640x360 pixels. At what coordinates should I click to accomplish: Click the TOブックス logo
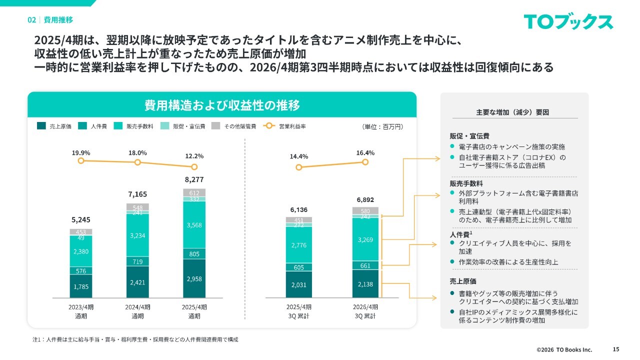click(x=568, y=22)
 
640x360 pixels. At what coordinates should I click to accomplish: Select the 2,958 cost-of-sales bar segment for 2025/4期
click(x=194, y=279)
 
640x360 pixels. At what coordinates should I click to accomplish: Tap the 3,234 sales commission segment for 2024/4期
click(x=137, y=235)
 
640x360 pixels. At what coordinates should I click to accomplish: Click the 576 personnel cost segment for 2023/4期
click(x=80, y=271)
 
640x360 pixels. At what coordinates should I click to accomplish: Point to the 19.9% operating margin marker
click(x=80, y=161)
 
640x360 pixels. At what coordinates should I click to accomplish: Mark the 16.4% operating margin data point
click(x=365, y=162)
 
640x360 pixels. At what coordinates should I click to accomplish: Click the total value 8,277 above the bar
click(x=194, y=179)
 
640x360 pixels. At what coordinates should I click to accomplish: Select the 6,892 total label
click(x=365, y=199)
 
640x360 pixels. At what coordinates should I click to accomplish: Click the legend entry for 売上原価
click(x=55, y=126)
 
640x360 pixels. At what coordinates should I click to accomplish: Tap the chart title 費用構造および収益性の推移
click(x=222, y=105)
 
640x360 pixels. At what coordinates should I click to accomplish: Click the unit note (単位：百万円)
click(x=382, y=127)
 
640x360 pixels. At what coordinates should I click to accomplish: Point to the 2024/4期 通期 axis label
click(x=137, y=311)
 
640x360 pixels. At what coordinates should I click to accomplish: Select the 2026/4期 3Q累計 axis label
click(x=365, y=311)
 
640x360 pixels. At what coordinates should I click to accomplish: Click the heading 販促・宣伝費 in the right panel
click(x=469, y=136)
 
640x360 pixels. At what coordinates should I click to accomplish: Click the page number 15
click(x=615, y=349)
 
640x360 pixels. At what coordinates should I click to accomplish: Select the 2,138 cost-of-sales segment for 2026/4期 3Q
click(x=365, y=284)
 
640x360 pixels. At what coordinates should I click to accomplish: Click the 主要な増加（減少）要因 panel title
click(x=514, y=112)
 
